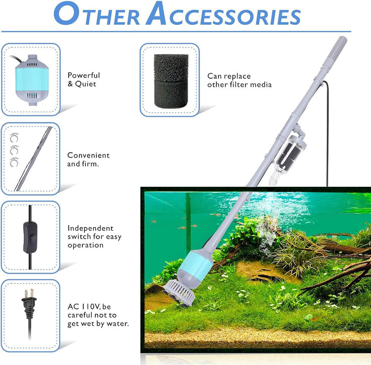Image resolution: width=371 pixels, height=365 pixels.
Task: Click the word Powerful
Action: tap(83, 75)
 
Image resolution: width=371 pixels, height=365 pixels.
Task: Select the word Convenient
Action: tap(88, 155)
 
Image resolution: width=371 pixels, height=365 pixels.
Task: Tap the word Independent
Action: tap(90, 228)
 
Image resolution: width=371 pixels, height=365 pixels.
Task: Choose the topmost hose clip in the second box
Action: tap(14, 138)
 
